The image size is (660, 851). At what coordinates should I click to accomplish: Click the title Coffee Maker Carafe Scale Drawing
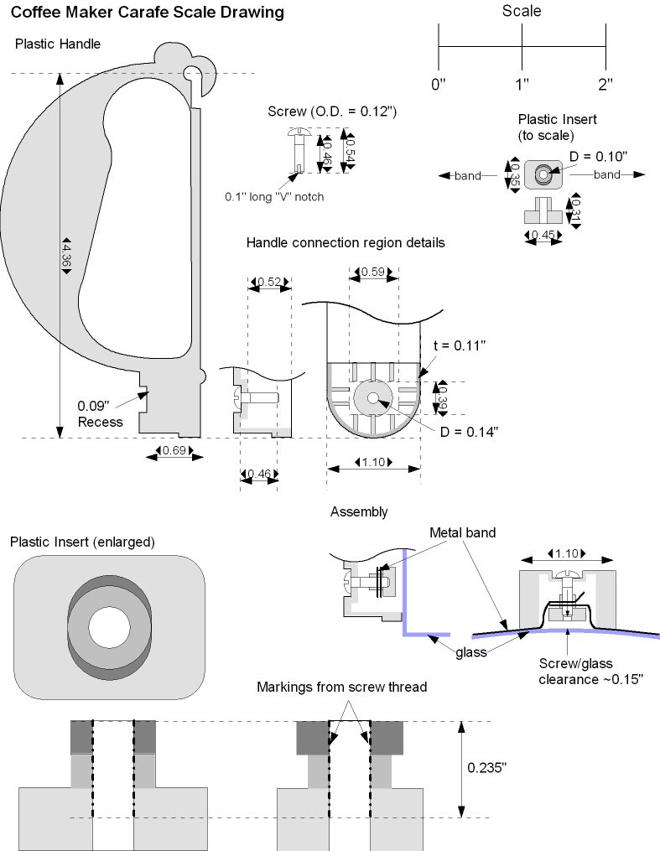coord(147,13)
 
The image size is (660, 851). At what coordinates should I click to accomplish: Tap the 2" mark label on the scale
coord(605,84)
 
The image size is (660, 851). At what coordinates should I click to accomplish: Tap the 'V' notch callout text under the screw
coord(273,197)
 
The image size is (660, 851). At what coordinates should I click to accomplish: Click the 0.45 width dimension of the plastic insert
coord(543,236)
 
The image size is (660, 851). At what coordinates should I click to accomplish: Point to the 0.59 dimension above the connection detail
coord(372,271)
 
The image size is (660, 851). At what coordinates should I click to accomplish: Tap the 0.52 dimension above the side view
coord(268,282)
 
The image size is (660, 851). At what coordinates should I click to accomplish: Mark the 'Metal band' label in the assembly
coord(462,532)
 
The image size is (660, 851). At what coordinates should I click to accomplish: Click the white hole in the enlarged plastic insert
coord(109,627)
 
